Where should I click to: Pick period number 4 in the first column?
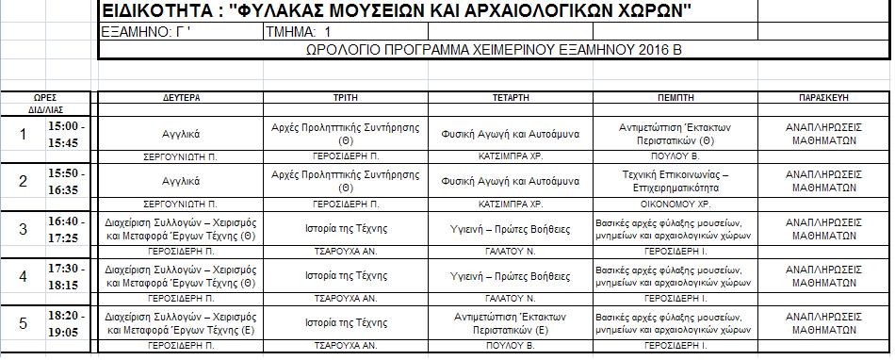coord(24,276)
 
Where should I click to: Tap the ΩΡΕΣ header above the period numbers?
coord(45,97)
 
